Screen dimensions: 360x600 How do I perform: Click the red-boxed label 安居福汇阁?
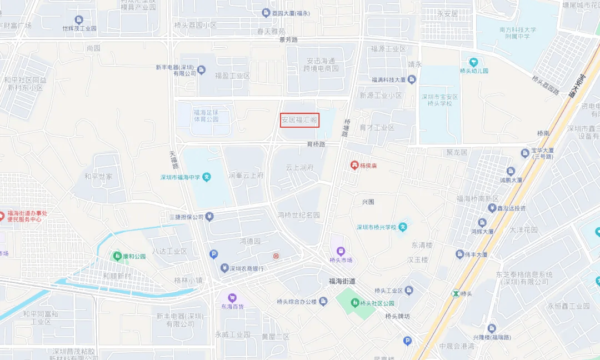[x=299, y=119]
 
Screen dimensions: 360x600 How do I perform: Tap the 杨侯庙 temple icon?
[x=353, y=165]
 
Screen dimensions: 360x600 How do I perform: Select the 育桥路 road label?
[x=316, y=144]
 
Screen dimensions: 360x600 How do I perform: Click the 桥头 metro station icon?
[x=456, y=293]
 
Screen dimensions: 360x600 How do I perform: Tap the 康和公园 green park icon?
[x=117, y=256]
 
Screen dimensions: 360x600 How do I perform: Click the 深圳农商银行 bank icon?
[x=224, y=268]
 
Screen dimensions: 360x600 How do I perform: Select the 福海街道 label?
[x=342, y=281]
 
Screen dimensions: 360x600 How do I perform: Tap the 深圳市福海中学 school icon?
[x=207, y=177]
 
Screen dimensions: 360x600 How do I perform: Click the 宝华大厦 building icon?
[x=524, y=153]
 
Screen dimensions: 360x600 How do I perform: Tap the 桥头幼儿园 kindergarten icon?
[x=473, y=62]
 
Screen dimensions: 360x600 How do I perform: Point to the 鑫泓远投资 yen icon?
[x=491, y=208]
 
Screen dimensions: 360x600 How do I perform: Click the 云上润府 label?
[x=300, y=167]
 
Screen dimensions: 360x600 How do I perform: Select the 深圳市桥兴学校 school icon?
[x=403, y=227]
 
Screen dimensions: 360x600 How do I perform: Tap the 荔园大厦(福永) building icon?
[x=266, y=13]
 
